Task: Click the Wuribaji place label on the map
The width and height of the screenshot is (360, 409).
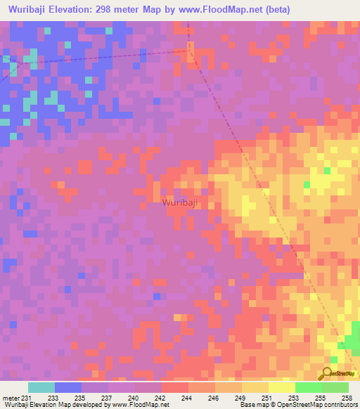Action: pos(179,202)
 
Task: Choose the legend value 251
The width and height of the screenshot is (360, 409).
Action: pos(266,397)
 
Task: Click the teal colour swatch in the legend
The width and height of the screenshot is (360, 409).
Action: pos(41,387)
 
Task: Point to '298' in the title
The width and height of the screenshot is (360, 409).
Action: pos(126,9)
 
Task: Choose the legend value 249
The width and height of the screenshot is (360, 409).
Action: pos(240,397)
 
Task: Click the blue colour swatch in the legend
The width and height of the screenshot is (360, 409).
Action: pos(68,387)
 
